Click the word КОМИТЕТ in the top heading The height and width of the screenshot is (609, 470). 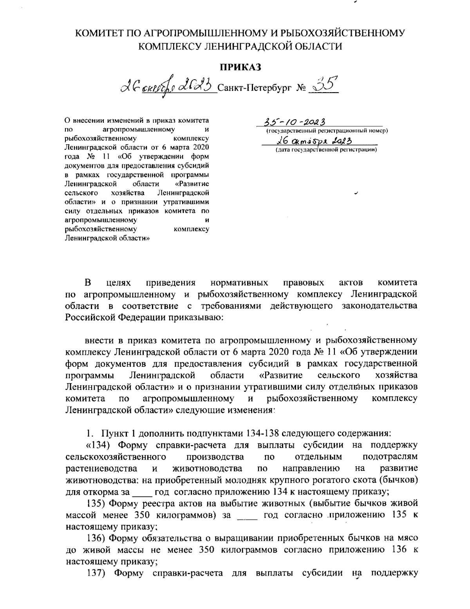click(96, 33)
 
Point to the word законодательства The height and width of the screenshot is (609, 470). click(377, 305)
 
